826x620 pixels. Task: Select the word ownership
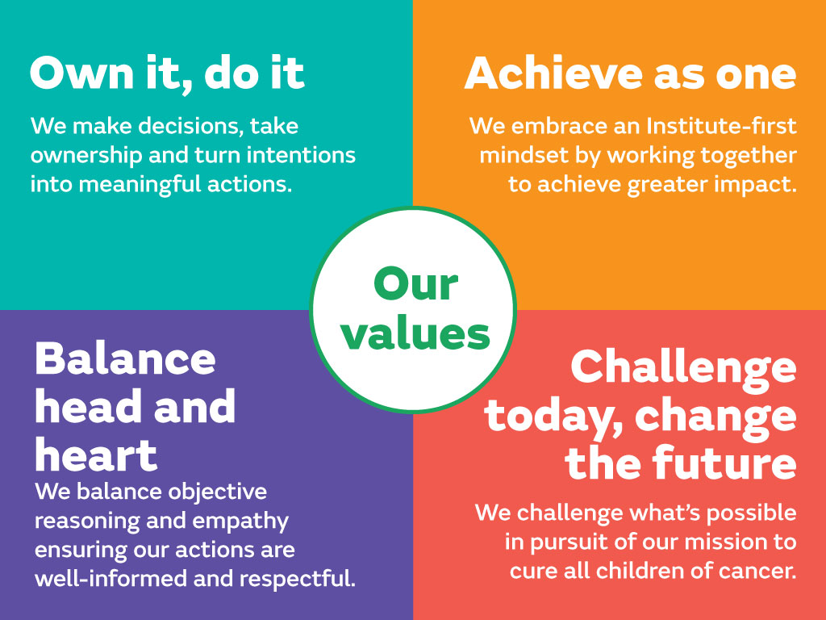click(86, 156)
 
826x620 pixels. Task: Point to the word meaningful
click(140, 185)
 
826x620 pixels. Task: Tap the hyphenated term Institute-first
click(721, 126)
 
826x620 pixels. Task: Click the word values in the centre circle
click(415, 333)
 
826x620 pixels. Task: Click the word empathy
click(240, 522)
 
